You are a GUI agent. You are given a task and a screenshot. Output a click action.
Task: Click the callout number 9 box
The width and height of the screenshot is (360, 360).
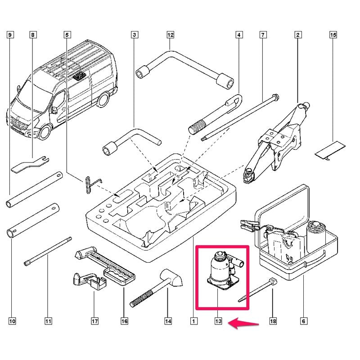[9, 35]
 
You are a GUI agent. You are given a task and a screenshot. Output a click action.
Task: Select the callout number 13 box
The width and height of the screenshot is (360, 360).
[218, 321]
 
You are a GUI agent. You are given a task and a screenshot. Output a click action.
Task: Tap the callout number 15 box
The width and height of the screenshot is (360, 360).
[333, 35]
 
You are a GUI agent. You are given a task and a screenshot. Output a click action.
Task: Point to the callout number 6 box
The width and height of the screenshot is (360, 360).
[303, 321]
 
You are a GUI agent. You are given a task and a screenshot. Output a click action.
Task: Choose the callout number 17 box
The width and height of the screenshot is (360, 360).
[94, 321]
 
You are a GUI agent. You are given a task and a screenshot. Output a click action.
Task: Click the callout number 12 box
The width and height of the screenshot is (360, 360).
[170, 35]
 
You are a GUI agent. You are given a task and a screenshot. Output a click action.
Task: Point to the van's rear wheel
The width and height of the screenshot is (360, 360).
[103, 99]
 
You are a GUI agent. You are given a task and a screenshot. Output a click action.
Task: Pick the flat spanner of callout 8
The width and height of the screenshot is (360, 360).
[30, 164]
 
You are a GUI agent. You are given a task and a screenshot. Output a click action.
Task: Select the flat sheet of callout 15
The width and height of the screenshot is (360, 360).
[330, 150]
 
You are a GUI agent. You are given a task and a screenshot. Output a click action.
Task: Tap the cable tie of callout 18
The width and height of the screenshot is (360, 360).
[257, 290]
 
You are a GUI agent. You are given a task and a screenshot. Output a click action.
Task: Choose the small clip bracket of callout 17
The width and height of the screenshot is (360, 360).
[90, 280]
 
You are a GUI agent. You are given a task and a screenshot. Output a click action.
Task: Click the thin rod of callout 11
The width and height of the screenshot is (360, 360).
[48, 252]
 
